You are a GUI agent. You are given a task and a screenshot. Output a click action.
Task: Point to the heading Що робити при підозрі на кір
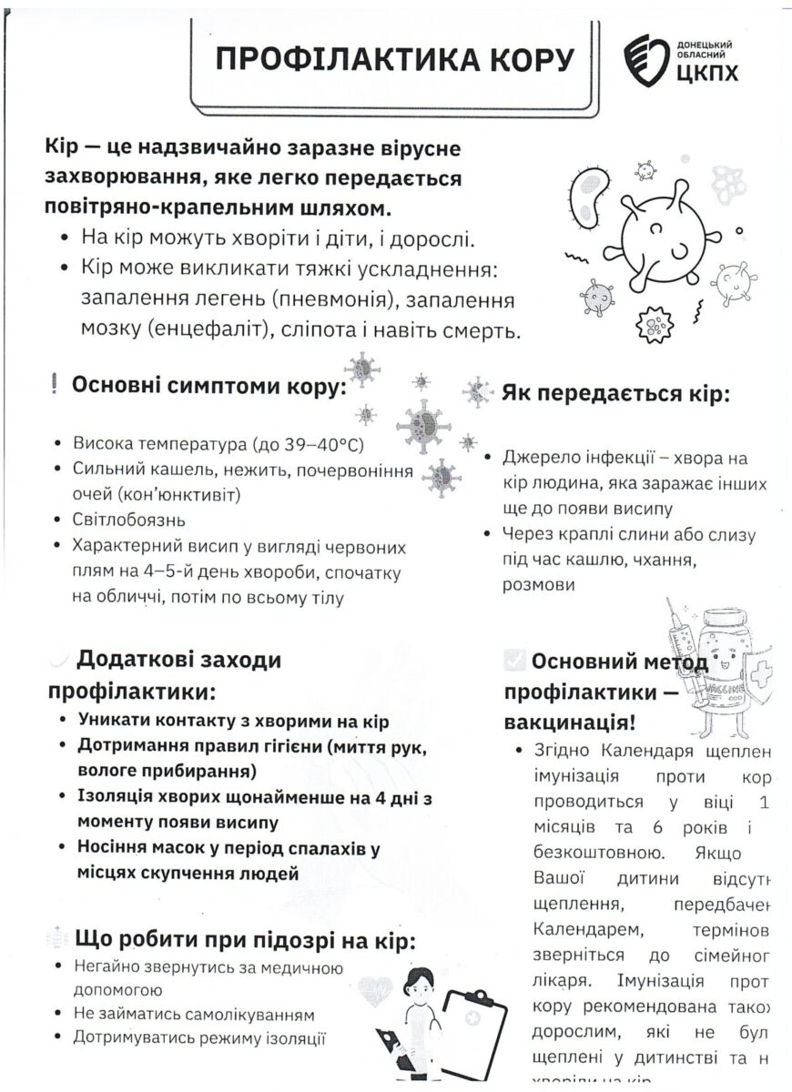tap(246, 939)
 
